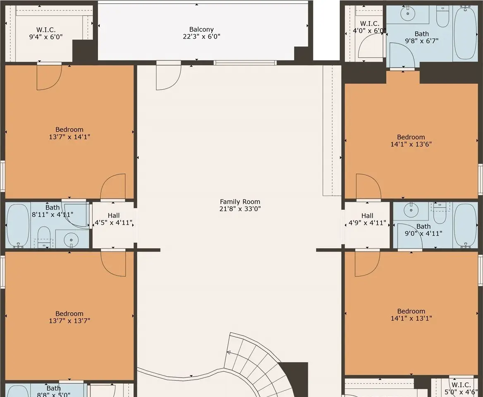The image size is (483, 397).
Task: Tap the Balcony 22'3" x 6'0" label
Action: [x=201, y=33]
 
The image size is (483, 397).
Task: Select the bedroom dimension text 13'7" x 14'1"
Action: [x=69, y=137]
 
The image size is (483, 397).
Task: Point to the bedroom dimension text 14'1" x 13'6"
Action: [x=411, y=144]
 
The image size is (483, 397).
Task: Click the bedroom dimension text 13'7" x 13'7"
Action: [x=69, y=320]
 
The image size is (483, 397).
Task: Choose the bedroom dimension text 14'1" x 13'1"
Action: [x=411, y=318]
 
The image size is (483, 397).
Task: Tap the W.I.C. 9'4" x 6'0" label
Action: [x=46, y=33]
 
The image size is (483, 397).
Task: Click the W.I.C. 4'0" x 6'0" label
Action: [x=369, y=27]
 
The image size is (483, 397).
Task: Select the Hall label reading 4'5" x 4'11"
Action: [x=114, y=219]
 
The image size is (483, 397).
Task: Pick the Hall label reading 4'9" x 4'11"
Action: [x=367, y=219]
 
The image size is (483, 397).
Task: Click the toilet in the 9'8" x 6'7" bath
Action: [x=442, y=17]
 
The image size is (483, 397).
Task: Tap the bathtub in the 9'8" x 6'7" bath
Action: [x=465, y=33]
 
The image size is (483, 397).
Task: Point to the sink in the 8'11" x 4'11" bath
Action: [x=71, y=239]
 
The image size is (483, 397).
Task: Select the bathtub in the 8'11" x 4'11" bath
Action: [x=18, y=225]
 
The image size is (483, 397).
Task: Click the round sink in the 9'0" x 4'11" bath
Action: [x=411, y=210]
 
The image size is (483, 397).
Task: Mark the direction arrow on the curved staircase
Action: [x=228, y=353]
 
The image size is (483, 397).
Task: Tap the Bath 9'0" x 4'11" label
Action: [x=423, y=230]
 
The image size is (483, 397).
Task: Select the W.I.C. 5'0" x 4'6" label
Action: [x=461, y=388]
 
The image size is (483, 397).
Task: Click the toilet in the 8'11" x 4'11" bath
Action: [x=44, y=237]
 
